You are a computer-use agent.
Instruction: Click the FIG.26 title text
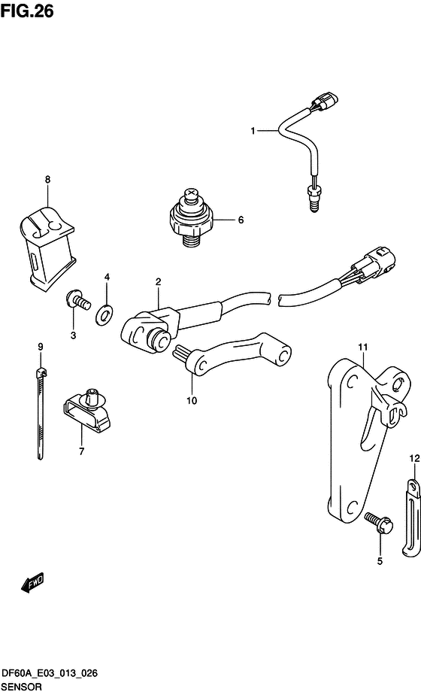[28, 11]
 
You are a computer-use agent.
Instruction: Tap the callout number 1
[253, 131]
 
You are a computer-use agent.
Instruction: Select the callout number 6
[241, 220]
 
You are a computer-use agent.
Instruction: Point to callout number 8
[47, 180]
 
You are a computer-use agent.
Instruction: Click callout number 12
[414, 459]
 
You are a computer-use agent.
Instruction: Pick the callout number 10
[192, 401]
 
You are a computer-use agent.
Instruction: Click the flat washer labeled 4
[104, 315]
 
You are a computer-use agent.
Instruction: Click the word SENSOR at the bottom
[21, 687]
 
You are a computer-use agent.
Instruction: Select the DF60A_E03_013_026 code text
[50, 675]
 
